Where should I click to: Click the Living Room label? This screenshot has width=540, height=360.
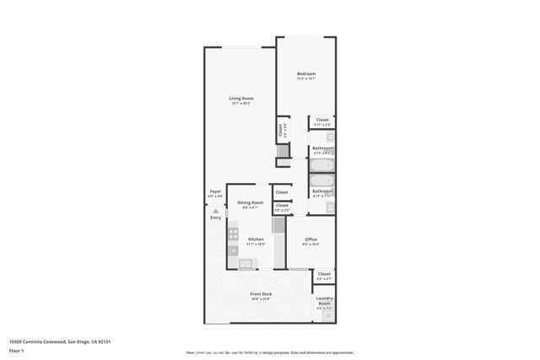pyautogui.click(x=241, y=99)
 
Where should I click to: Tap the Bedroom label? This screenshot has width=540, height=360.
pyautogui.click(x=305, y=74)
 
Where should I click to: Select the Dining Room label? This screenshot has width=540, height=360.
pyautogui.click(x=250, y=202)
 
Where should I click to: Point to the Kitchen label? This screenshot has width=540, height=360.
pyautogui.click(x=256, y=239)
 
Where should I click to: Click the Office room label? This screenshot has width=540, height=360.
pyautogui.click(x=310, y=239)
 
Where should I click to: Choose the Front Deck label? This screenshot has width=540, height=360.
pyautogui.click(x=260, y=294)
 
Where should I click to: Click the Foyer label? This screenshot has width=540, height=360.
pyautogui.click(x=215, y=191)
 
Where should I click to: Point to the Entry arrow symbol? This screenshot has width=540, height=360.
pyautogui.click(x=215, y=211)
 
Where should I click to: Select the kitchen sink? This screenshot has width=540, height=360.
pyautogui.click(x=245, y=265)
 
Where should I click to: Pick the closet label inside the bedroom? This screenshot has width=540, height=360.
pyautogui.click(x=322, y=120)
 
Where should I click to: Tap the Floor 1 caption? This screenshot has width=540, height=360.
pyautogui.click(x=15, y=349)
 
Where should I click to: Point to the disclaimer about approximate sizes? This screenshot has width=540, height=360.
pyautogui.click(x=270, y=352)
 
